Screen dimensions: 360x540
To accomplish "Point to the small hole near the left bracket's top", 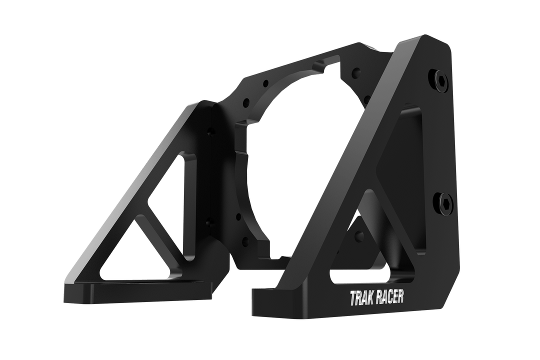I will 210,133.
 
